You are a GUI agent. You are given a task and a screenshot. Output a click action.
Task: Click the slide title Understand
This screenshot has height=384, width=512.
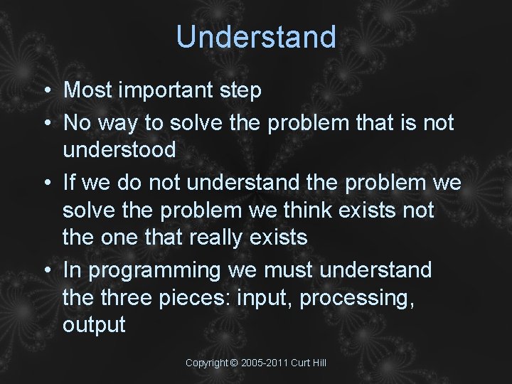(x=256, y=36)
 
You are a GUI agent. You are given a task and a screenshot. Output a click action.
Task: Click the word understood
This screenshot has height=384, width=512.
(x=119, y=149)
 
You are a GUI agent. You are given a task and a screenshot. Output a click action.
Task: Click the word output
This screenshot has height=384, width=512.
(x=94, y=326)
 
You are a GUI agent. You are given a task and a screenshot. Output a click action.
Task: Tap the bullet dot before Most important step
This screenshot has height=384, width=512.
(x=45, y=91)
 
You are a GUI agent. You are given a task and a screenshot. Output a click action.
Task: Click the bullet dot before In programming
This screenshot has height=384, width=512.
(x=45, y=271)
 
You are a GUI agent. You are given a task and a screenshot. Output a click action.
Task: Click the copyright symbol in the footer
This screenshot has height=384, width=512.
(x=234, y=363)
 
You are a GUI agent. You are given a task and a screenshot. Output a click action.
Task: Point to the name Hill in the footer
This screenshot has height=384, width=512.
(x=318, y=363)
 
